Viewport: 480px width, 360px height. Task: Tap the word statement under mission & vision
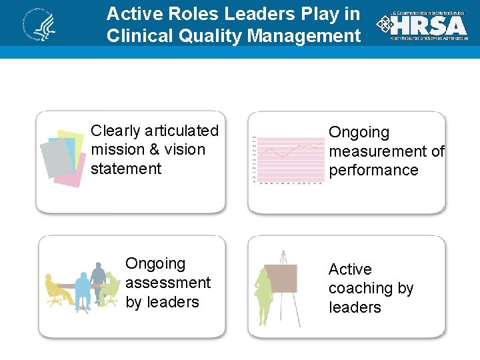point(126,169)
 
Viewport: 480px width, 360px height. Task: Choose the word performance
point(373,170)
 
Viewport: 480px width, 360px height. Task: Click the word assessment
point(168,283)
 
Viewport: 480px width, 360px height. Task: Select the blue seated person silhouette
point(83,293)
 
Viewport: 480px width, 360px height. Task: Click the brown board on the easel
point(281,278)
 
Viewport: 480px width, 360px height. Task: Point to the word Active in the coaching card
point(350,269)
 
